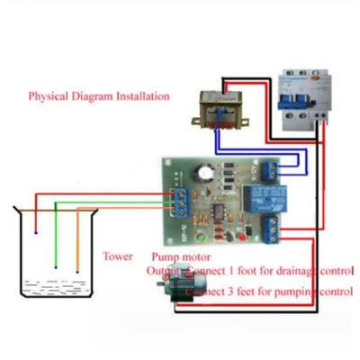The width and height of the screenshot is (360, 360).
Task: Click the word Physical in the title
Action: pyautogui.click(x=47, y=95)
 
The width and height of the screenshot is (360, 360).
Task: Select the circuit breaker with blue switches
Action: pyautogui.click(x=302, y=99)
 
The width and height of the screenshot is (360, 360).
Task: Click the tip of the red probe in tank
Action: pyautogui.click(x=36, y=234)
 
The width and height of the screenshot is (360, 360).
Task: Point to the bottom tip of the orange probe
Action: pyautogui.click(x=77, y=270)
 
